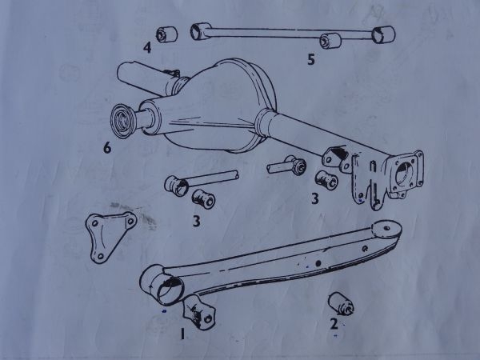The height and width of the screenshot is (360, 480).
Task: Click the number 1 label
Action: tap(182, 334)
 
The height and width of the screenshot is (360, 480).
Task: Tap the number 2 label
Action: tap(334, 324)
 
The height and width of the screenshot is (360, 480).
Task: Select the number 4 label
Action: tap(147, 48)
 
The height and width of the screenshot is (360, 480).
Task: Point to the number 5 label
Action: tap(311, 59)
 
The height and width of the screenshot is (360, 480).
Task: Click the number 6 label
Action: tap(107, 148)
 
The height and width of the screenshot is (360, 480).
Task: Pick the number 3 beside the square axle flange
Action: tap(315, 198)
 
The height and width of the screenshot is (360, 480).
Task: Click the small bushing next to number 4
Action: tap(167, 34)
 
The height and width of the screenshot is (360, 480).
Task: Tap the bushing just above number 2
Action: tap(341, 304)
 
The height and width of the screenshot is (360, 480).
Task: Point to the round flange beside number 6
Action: tap(122, 121)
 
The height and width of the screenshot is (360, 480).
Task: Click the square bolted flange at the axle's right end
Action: tap(405, 174)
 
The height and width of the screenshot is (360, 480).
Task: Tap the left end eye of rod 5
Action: tap(200, 31)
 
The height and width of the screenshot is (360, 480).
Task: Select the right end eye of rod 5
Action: tap(383, 34)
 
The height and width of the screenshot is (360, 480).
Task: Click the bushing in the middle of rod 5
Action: tap(330, 41)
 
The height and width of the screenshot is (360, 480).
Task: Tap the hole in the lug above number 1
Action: tap(208, 319)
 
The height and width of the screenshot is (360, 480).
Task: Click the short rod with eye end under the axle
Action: tap(286, 166)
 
